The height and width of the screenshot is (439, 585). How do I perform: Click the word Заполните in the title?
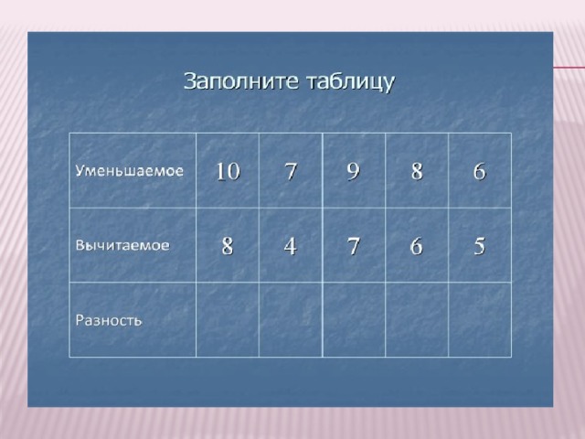241,81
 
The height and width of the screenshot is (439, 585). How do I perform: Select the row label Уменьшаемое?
130,171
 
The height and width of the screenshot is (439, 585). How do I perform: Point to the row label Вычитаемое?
122,245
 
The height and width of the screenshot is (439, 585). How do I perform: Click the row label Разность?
109,320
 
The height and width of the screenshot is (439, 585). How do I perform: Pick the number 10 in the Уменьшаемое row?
228,171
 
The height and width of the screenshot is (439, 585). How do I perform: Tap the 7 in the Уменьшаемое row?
291,171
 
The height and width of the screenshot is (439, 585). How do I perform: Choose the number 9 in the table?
354,171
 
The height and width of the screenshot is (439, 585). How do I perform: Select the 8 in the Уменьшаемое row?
417,171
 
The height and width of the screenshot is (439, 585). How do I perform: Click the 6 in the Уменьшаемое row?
480,171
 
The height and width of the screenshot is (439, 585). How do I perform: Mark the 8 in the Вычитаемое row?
228,246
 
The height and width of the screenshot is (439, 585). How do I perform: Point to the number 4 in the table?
291,246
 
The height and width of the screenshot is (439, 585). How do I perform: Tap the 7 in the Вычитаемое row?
354,246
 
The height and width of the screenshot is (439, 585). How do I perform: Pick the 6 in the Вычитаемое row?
417,246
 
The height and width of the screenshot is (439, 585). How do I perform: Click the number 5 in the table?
480,246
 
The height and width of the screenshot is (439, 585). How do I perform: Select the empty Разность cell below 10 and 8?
228,319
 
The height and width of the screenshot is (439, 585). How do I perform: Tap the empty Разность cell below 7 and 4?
291,319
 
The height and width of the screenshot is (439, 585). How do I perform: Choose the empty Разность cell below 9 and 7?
354,319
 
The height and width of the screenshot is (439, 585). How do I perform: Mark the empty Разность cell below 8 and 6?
417,319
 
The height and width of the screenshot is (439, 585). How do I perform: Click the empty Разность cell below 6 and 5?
480,319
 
